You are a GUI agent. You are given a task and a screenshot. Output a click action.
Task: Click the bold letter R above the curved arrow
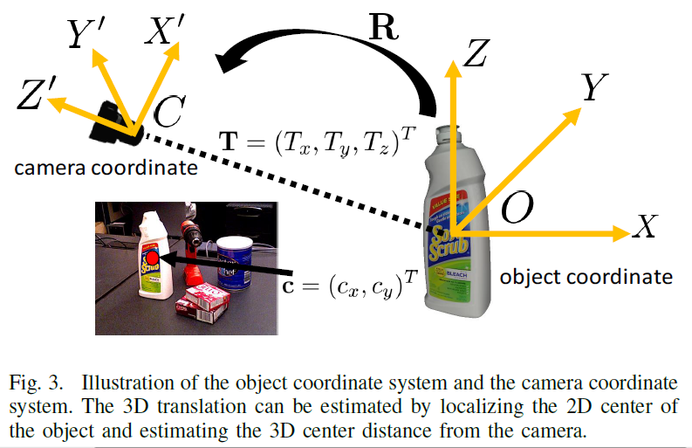click(384, 27)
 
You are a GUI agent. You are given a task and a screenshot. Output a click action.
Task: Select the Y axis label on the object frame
click(594, 87)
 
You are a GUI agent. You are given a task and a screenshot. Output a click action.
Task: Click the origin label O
click(517, 208)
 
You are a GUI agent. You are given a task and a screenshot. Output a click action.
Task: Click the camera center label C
click(168, 112)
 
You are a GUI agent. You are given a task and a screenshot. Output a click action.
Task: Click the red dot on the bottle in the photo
click(150, 258)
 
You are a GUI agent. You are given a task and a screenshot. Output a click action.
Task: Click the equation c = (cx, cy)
click(348, 284)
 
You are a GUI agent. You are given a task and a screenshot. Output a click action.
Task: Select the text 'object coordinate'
click(586, 277)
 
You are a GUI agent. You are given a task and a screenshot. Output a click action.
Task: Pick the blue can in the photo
click(234, 263)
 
